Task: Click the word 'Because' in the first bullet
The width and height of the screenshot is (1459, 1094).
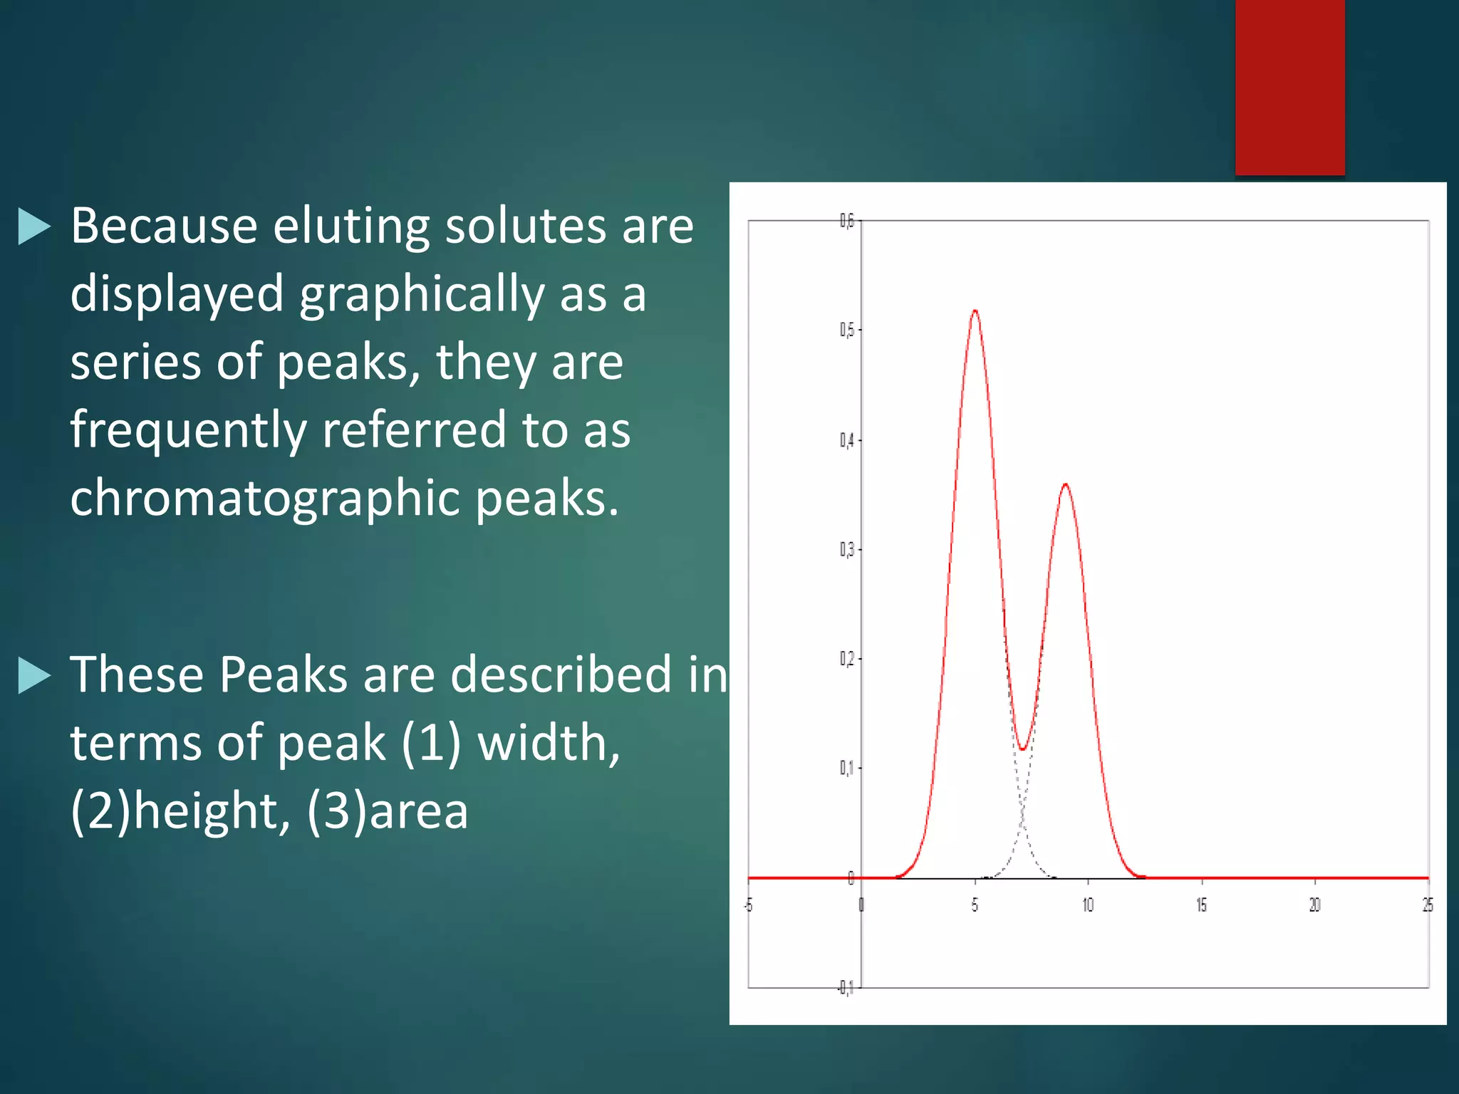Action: (163, 226)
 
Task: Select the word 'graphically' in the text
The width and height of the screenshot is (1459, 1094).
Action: (421, 294)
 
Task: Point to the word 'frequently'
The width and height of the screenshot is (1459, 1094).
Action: (188, 430)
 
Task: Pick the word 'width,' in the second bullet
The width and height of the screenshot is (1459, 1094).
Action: (549, 743)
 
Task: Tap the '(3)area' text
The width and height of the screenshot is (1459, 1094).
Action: (388, 811)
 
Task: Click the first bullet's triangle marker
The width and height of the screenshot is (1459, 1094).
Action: (34, 226)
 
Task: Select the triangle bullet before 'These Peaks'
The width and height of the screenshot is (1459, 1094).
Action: (34, 674)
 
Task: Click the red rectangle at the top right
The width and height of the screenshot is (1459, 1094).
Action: (1289, 87)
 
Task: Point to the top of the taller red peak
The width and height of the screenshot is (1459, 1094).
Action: (975, 311)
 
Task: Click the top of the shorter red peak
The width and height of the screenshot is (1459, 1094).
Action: (1065, 484)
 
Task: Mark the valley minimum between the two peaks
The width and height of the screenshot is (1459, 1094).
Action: (1022, 749)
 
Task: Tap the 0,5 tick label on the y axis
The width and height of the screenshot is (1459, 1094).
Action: (846, 330)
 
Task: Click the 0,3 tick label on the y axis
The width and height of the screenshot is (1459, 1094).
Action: (846, 549)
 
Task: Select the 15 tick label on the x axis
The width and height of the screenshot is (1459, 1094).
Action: (1201, 905)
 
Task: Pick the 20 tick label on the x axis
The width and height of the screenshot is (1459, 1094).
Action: (1314, 905)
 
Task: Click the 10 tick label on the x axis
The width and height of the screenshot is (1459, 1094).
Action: (1088, 905)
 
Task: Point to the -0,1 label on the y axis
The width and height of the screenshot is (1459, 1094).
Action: (844, 988)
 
